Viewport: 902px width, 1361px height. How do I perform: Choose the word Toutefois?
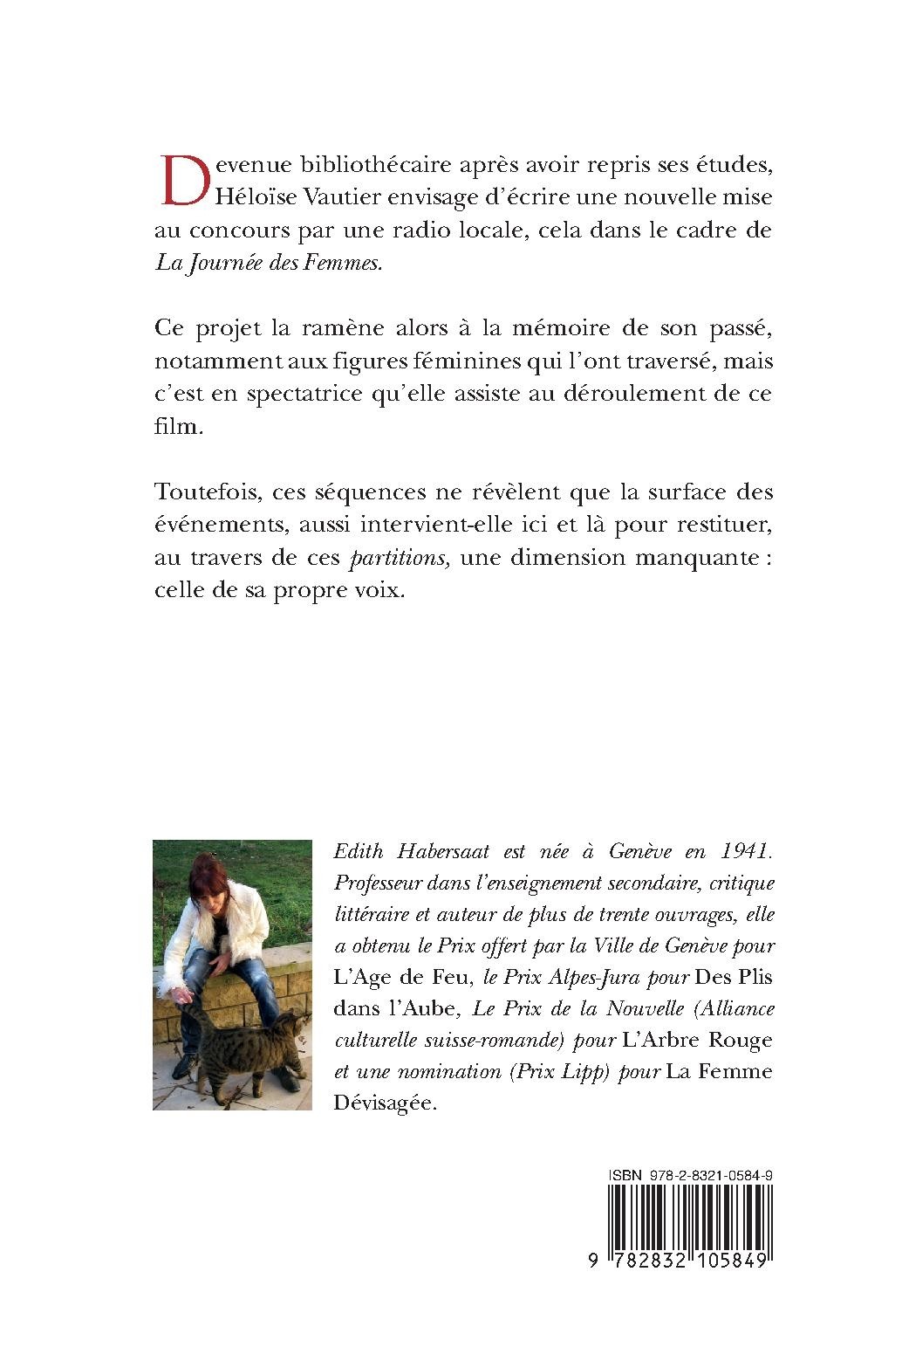coord(204,492)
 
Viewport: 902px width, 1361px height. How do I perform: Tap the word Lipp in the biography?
coord(584,1072)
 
